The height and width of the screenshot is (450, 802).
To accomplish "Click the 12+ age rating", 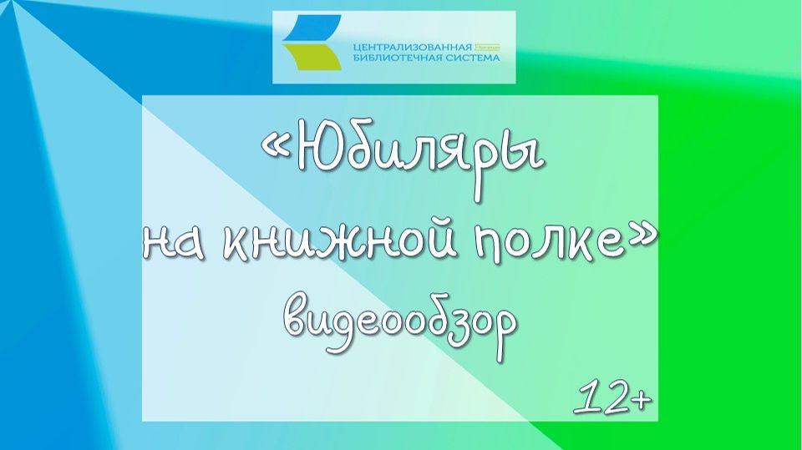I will [x=612, y=401].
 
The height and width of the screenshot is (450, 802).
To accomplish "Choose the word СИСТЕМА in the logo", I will [x=472, y=58].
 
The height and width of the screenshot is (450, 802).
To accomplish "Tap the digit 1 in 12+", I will [x=586, y=401].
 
